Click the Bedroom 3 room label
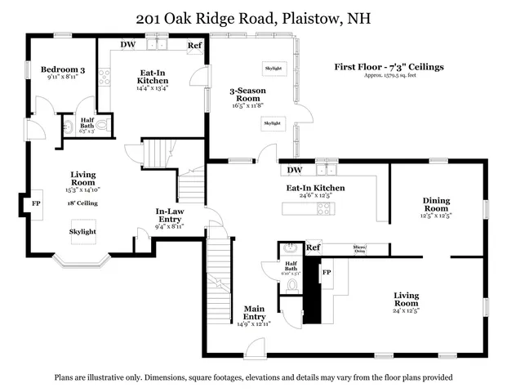click(63, 70)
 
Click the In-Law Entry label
click(169, 216)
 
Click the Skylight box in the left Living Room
click(82, 232)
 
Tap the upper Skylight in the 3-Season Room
click(273, 69)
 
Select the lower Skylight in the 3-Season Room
click(273, 123)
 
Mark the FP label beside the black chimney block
click(327, 272)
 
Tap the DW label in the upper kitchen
click(128, 45)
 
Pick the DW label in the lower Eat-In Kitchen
click(295, 171)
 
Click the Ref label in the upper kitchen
click(195, 46)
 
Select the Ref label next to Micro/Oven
click(314, 247)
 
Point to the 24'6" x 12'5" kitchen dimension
click(315, 196)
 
